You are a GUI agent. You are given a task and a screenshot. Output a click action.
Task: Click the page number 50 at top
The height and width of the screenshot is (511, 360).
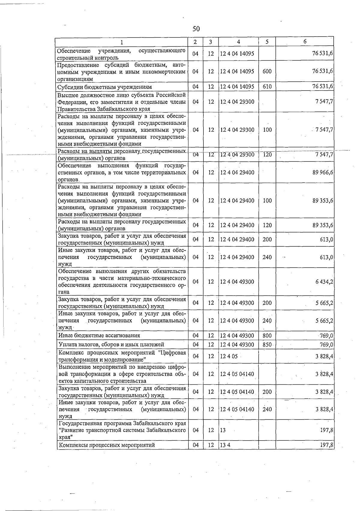[x=196, y=29]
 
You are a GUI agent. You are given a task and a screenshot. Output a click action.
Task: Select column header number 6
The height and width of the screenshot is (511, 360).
[x=305, y=42]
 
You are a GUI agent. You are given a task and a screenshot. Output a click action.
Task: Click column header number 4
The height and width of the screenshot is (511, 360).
[x=238, y=42]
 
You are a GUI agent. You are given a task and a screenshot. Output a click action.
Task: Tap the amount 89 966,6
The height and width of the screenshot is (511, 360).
[x=323, y=173]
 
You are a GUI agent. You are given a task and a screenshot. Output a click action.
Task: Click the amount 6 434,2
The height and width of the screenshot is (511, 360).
[x=324, y=282]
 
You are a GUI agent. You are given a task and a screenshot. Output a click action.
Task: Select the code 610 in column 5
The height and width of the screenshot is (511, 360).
[x=267, y=87]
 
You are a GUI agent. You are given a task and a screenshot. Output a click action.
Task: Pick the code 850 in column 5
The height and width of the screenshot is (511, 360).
[x=267, y=345]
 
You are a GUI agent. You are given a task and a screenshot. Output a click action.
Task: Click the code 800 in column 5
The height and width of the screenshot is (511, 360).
[x=267, y=335]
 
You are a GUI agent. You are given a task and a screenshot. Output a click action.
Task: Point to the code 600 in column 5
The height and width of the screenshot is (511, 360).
[x=267, y=71]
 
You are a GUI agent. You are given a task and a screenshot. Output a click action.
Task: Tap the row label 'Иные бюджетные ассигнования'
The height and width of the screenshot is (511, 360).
[x=99, y=335]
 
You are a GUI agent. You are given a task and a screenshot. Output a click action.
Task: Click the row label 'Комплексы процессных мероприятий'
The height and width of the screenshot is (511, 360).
[x=107, y=445]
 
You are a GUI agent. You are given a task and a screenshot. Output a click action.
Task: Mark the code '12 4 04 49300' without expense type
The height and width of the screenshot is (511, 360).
[x=237, y=282]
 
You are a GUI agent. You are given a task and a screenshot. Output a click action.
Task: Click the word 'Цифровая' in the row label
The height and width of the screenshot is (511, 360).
[x=174, y=353]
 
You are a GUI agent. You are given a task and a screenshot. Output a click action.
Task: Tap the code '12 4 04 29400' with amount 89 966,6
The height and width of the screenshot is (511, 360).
[x=237, y=173]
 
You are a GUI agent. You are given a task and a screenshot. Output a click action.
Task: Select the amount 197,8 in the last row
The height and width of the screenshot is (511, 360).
[x=327, y=445]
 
